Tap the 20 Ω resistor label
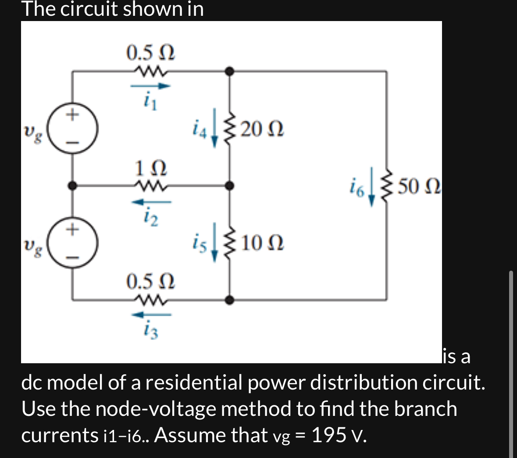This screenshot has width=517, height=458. pos(262,129)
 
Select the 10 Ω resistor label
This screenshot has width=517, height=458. pos(262,242)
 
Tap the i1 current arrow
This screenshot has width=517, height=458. pos(150,86)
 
